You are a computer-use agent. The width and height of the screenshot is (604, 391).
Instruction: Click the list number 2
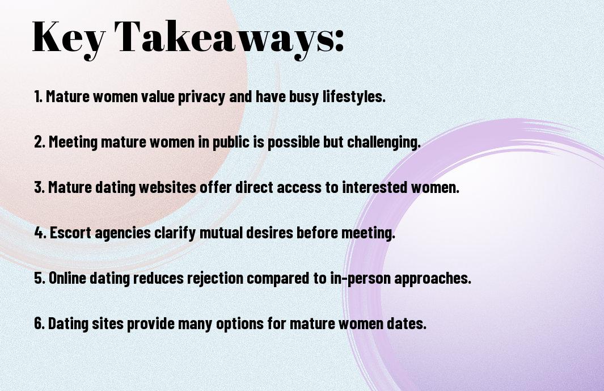pyautogui.click(x=39, y=142)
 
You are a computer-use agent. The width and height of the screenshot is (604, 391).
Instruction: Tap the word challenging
pyautogui.click(x=383, y=142)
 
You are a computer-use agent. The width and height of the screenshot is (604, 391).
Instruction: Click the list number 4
pyautogui.click(x=40, y=233)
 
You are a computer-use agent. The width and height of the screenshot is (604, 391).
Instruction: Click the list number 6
pyautogui.click(x=39, y=323)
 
